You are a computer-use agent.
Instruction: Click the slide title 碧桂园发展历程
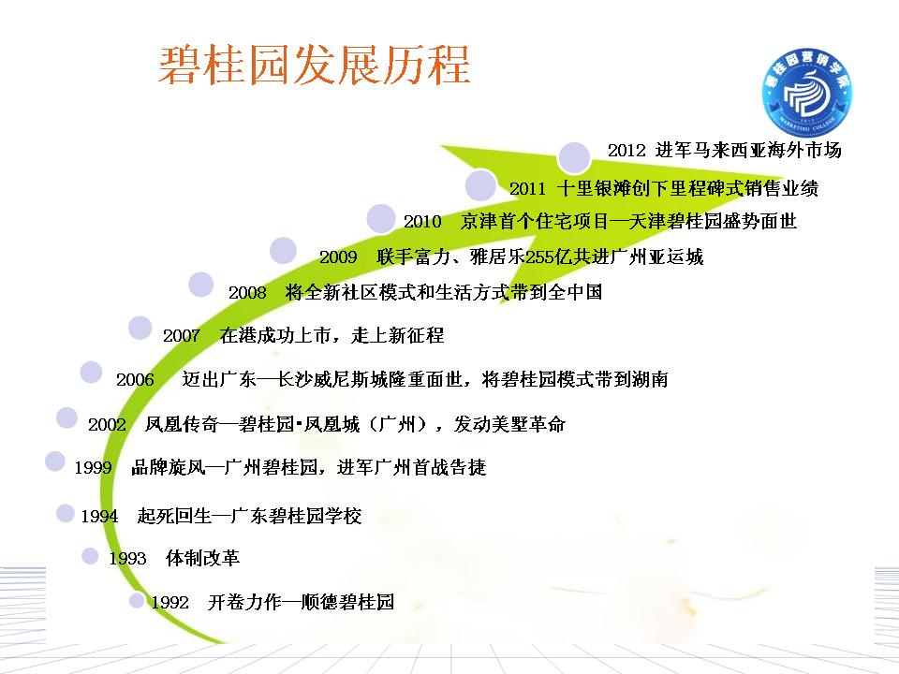(x=315, y=65)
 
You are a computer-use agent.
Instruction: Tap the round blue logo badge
(x=807, y=93)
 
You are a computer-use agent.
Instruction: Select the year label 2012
(x=626, y=151)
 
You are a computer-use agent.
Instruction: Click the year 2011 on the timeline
(x=528, y=188)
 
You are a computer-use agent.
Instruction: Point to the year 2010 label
(x=422, y=222)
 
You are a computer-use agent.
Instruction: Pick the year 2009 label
(x=338, y=256)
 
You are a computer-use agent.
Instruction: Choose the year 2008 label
(x=247, y=293)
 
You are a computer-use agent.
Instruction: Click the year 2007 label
(x=182, y=336)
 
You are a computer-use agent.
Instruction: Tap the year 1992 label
(x=169, y=602)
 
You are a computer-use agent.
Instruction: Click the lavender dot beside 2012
(x=574, y=157)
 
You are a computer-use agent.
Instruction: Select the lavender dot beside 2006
(x=91, y=373)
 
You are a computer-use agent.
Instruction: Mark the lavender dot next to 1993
(x=90, y=556)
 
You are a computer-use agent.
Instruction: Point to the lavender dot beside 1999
(x=55, y=462)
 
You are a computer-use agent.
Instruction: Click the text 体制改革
(x=202, y=558)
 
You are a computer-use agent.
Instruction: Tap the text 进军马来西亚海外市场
(x=748, y=150)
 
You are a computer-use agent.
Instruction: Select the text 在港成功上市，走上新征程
(x=332, y=335)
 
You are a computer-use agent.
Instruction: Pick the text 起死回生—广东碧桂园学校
(x=249, y=516)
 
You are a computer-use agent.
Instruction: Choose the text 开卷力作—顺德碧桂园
(x=301, y=602)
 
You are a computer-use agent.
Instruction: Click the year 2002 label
(x=107, y=425)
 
